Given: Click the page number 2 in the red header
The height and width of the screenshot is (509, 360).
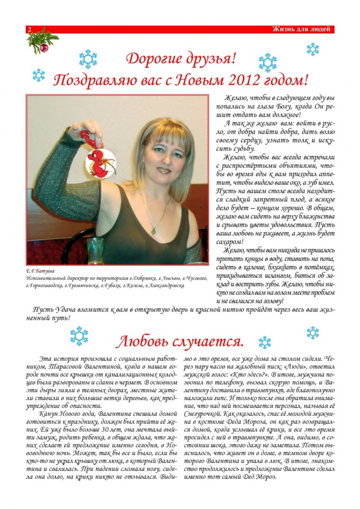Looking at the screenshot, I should click(29, 30).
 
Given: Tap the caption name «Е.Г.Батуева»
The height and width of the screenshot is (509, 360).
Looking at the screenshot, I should click(40, 270).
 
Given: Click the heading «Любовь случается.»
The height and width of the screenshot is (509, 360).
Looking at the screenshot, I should click(179, 341).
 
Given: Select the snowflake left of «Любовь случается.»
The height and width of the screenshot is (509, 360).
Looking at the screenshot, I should click(79, 336).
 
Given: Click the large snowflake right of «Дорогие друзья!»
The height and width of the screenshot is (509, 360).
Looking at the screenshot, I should click(267, 62).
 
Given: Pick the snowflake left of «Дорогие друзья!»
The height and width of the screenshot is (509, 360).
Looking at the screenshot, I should click(88, 59).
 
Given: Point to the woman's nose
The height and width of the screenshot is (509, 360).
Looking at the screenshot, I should click(164, 157).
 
